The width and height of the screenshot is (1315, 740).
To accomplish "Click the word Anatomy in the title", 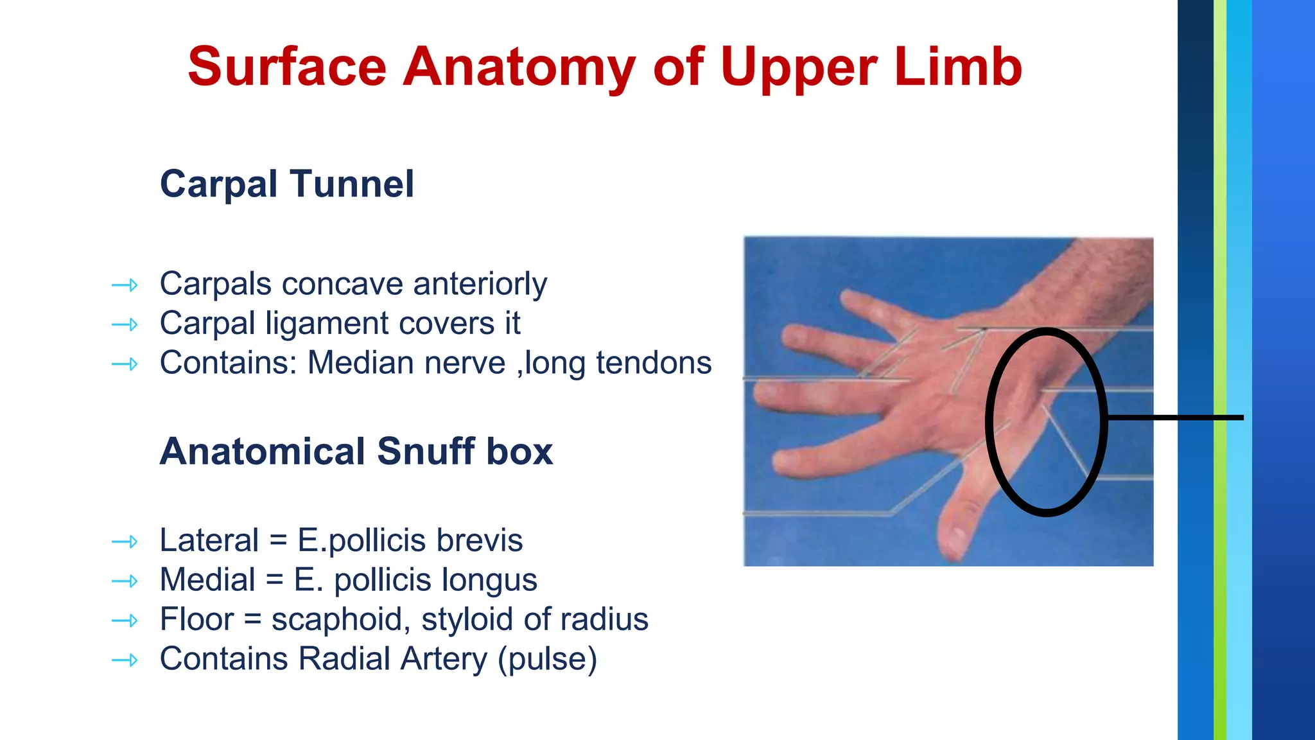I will tap(519, 67).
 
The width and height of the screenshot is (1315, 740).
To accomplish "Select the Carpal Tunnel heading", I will tap(286, 184).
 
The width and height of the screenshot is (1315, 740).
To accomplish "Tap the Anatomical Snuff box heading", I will tap(356, 451).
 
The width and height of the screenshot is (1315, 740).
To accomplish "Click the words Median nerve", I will tap(406, 363).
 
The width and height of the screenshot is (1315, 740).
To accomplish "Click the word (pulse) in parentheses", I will tap(547, 659).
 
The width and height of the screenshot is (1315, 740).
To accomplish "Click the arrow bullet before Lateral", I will tap(125, 542).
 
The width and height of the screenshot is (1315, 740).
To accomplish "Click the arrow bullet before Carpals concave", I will tap(125, 285).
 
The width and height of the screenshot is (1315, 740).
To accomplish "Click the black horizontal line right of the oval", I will tap(1175, 418).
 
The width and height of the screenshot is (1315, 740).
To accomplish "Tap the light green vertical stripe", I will tap(1219, 370).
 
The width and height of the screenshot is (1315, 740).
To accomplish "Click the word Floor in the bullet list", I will tap(196, 619).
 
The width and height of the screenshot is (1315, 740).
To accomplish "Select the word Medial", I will tap(207, 580).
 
